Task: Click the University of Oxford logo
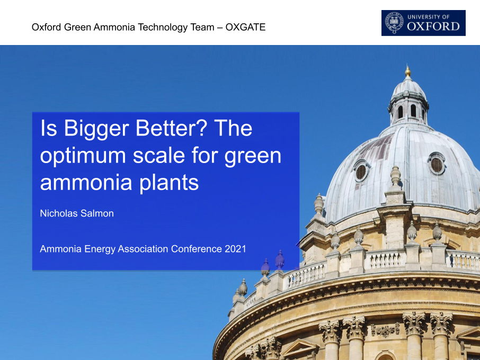click(x=423, y=23)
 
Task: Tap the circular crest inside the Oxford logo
click(x=394, y=23)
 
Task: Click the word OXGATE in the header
click(x=245, y=27)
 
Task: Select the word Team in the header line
click(x=202, y=27)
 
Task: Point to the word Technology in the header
click(x=163, y=27)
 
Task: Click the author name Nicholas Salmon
click(x=77, y=213)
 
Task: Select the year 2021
click(x=235, y=249)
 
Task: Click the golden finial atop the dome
click(x=407, y=71)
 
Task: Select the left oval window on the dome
click(x=361, y=171)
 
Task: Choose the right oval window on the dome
click(x=437, y=164)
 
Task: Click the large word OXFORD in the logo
click(x=433, y=26)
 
